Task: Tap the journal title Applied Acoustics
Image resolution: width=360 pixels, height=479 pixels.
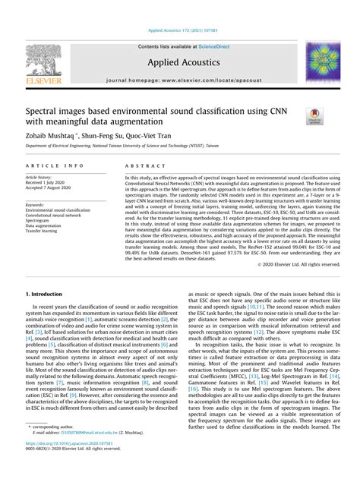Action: pos(180,65)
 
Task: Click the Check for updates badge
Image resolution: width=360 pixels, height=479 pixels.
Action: pos(312,115)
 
